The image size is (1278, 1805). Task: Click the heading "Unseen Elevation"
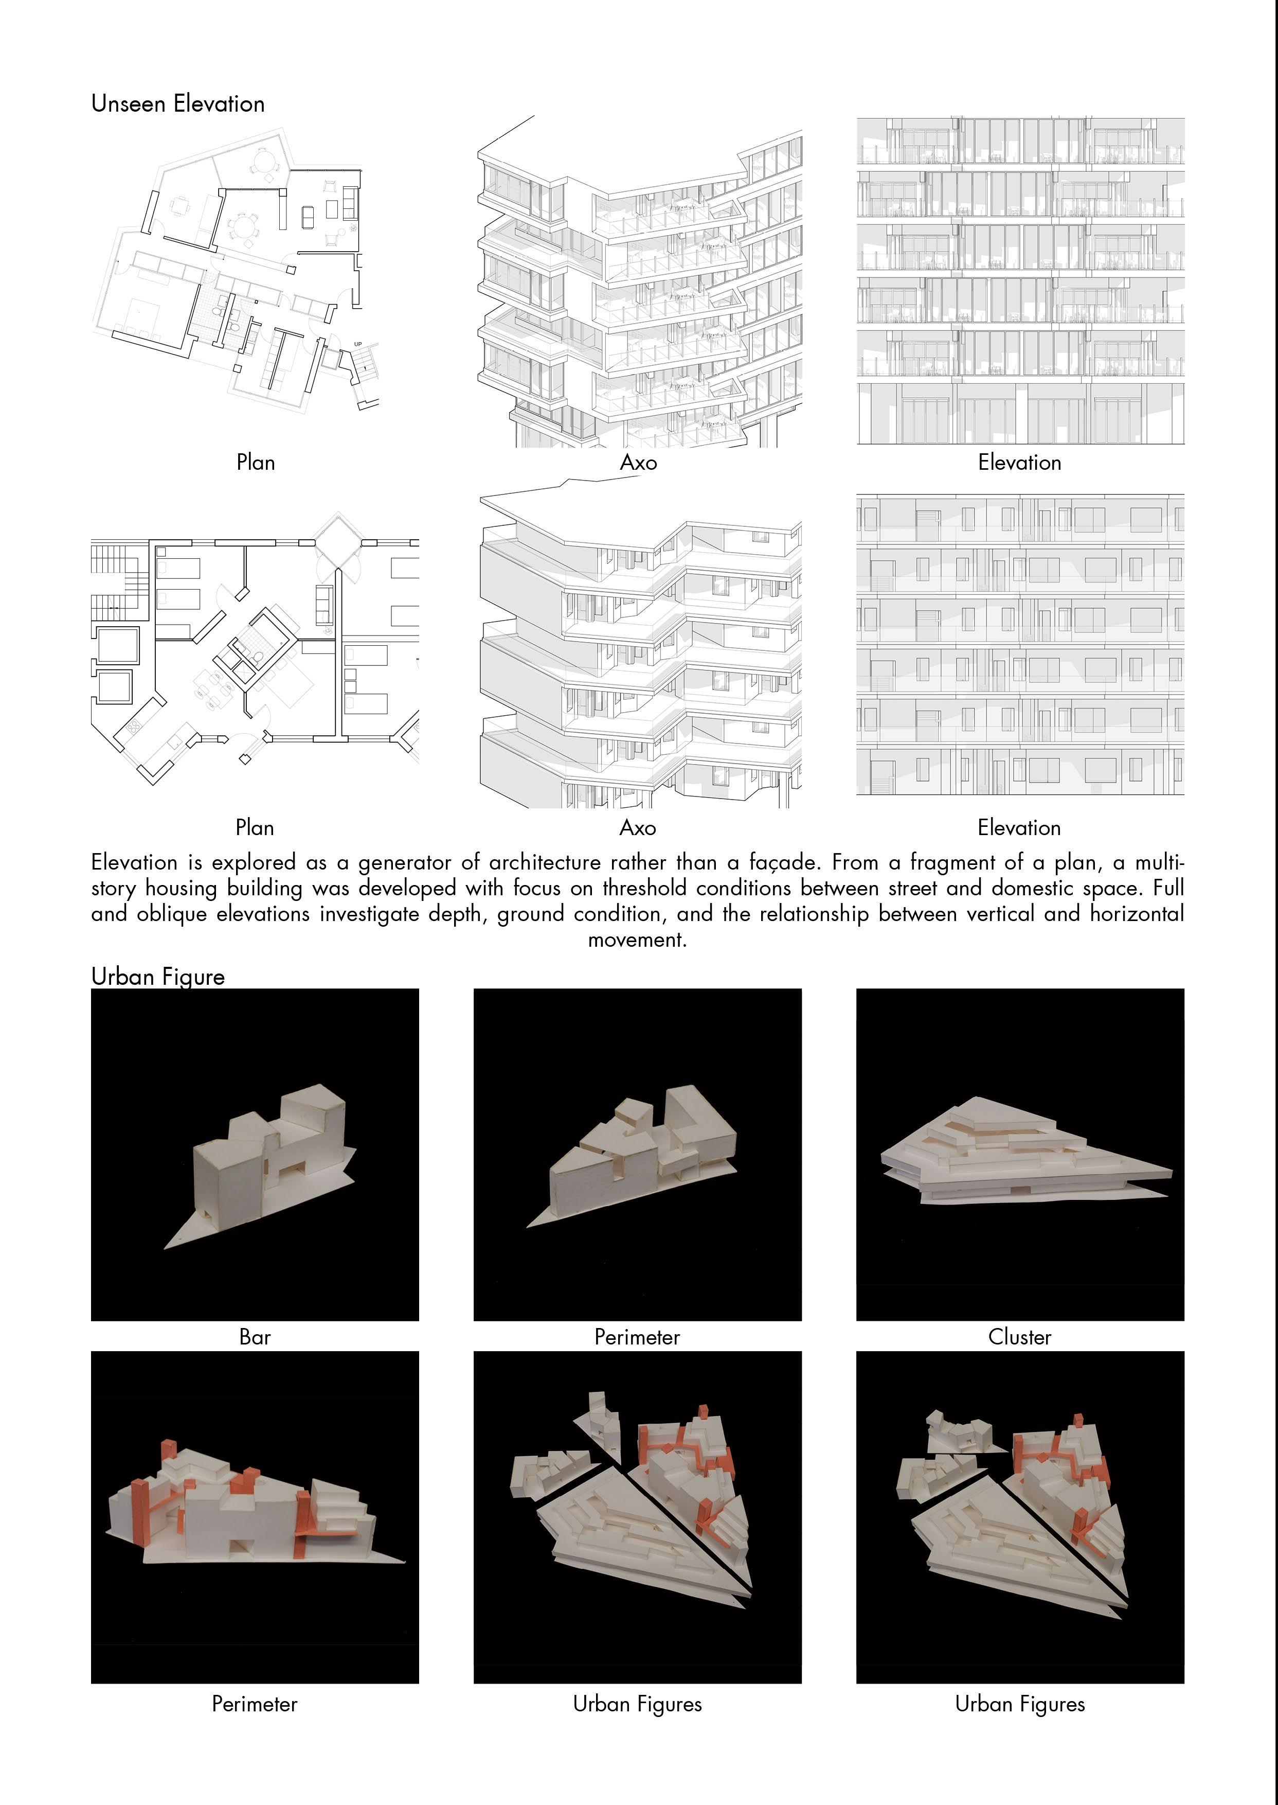178,104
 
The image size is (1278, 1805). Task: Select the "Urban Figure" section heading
158,977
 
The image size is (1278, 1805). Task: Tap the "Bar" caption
255,1337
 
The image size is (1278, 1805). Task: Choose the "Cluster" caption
1020,1337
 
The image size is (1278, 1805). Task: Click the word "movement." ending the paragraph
637,940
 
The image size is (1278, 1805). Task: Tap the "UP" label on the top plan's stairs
358,344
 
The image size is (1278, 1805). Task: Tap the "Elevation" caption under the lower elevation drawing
1019,828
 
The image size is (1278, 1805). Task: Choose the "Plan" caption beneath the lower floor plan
255,828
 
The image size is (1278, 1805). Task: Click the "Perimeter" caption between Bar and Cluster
637,1337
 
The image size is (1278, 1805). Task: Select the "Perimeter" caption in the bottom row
255,1704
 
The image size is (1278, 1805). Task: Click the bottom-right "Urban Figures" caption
1020,1704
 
